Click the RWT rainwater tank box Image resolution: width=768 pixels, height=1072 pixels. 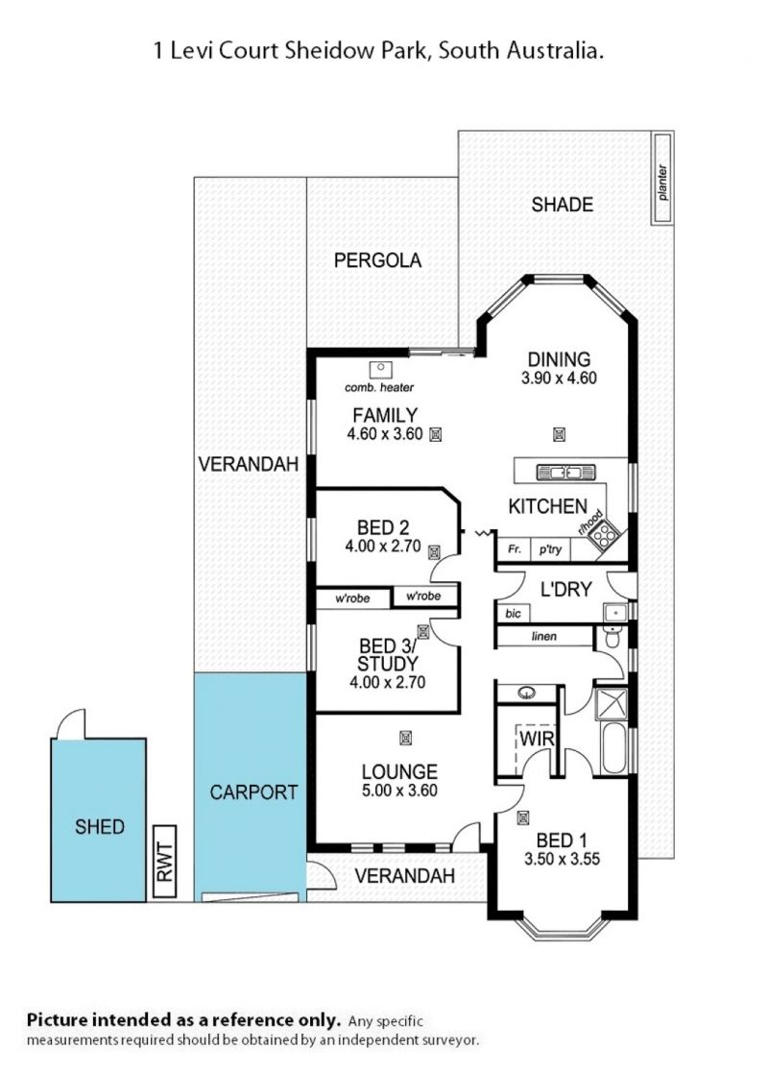coord(165,862)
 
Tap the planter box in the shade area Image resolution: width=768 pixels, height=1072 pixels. coord(661,179)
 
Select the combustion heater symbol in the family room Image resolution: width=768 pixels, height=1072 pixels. coord(380,370)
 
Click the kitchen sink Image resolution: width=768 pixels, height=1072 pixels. coord(565,472)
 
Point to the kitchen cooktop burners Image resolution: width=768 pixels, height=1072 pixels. coord(605,535)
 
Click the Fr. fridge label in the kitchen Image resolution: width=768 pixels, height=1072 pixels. coord(514,549)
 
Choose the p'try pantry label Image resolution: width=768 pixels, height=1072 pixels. coord(550,549)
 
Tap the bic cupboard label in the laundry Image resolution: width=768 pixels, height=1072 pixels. coord(514,613)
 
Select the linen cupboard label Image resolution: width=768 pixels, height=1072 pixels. coord(544,636)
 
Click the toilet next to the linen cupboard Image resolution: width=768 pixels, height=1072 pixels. coord(612,638)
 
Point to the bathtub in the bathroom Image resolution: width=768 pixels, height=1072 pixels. coord(614,748)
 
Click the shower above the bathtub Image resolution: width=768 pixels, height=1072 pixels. coord(612,704)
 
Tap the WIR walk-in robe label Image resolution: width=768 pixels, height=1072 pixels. coord(537,739)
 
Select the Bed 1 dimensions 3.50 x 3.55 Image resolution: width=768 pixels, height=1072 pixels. coord(562,859)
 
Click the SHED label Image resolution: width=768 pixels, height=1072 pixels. coord(100,827)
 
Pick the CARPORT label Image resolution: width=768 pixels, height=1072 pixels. coord(253,792)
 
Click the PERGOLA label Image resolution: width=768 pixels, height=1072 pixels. coord(378,259)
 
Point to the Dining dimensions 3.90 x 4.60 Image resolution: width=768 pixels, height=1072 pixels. coord(559,378)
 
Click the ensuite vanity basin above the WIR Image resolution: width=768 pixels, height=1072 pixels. coord(526,694)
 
